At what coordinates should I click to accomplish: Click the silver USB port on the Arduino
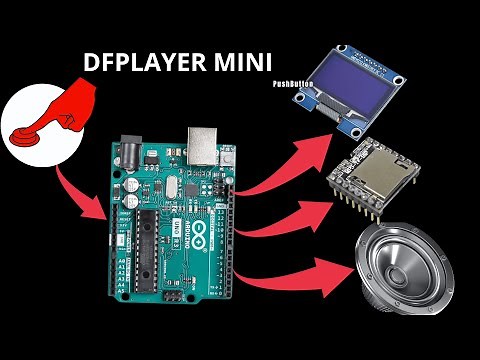pyautogui.click(x=203, y=146)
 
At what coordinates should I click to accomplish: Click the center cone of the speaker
pyautogui.click(x=409, y=269)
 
